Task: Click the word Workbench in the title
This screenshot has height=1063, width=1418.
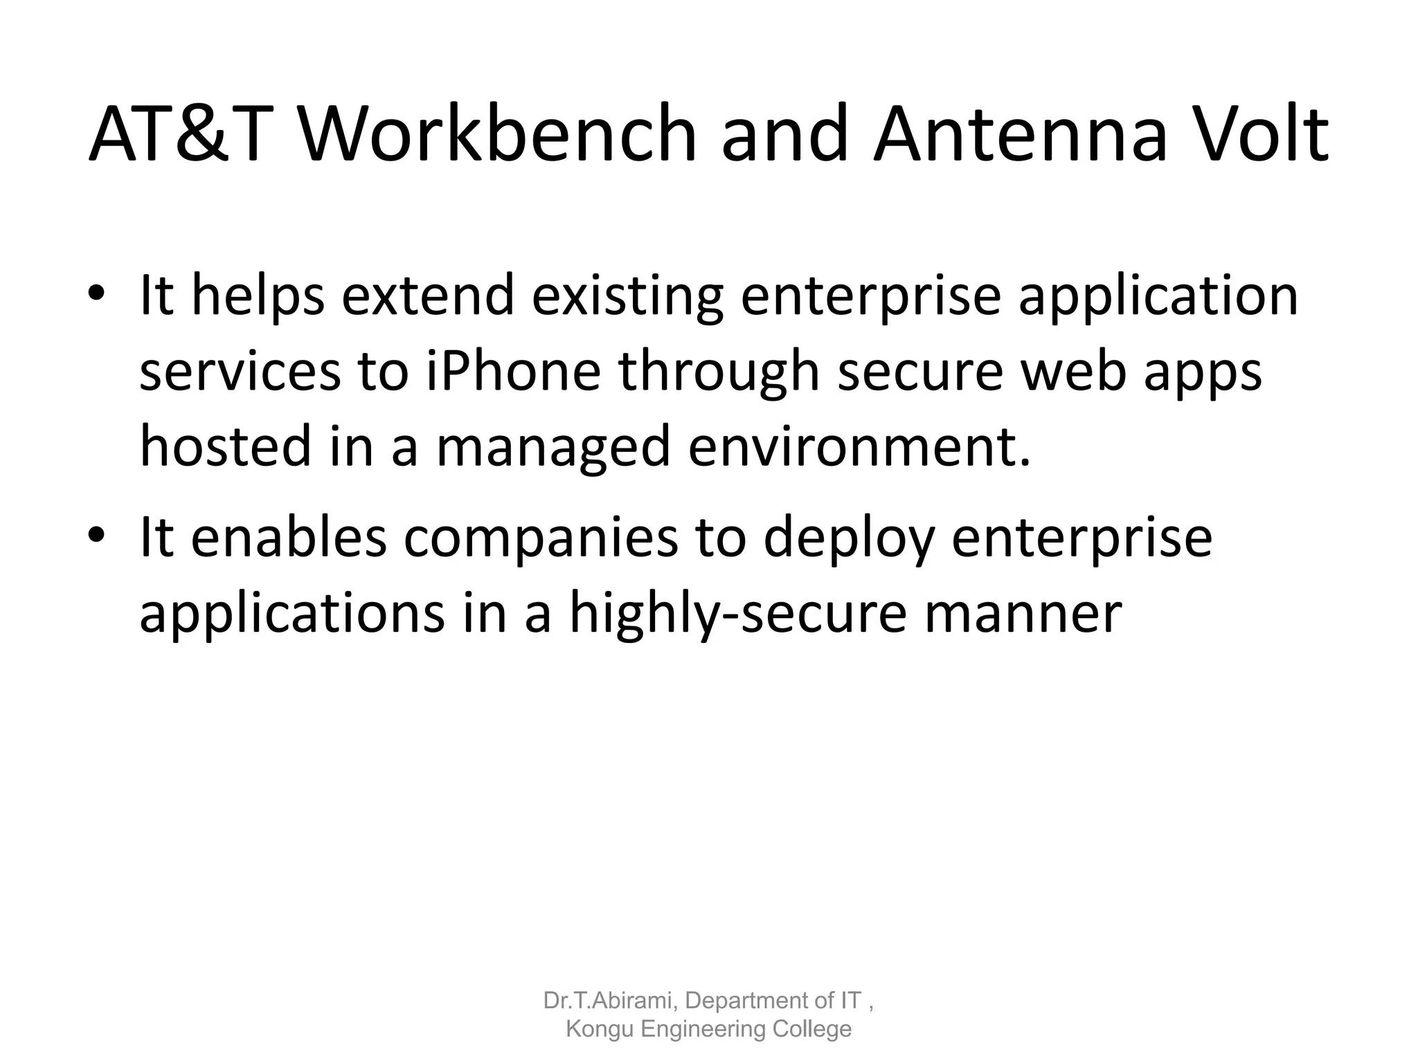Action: click(x=496, y=135)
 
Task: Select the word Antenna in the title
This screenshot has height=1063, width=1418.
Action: click(x=1021, y=135)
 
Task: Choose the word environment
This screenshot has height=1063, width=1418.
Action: click(x=859, y=446)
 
